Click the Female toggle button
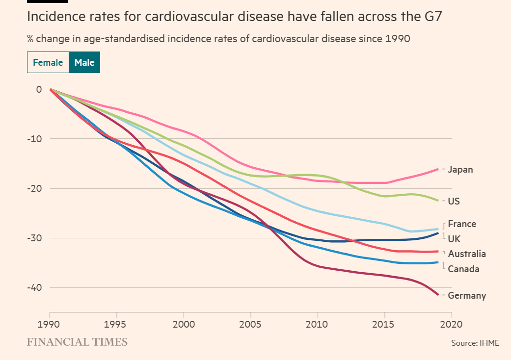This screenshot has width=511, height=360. pyautogui.click(x=48, y=63)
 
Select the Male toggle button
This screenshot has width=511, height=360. pyautogui.click(x=84, y=63)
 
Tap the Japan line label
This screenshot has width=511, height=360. pyautogui.click(x=460, y=170)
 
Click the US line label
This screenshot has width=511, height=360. pyautogui.click(x=454, y=201)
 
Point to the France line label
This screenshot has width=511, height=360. pyautogui.click(x=462, y=224)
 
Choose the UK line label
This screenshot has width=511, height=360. pyautogui.click(x=455, y=239)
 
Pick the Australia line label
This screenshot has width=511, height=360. pyautogui.click(x=467, y=254)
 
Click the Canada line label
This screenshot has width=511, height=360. pyautogui.click(x=463, y=269)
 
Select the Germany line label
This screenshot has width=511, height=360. pyautogui.click(x=467, y=295)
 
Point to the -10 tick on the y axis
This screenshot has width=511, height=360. pyautogui.click(x=35, y=139)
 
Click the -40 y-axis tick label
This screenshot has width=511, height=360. pyautogui.click(x=35, y=287)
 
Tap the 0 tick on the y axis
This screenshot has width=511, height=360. pyautogui.click(x=39, y=89)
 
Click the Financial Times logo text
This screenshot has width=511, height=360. pyautogui.click(x=77, y=342)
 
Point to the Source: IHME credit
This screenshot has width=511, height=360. pyautogui.click(x=475, y=343)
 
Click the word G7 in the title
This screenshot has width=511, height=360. pyautogui.click(x=430, y=17)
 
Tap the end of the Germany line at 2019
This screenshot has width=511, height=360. pyautogui.click(x=438, y=294)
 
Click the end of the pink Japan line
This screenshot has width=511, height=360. pyautogui.click(x=438, y=169)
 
